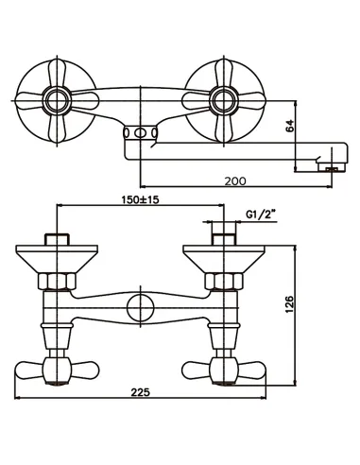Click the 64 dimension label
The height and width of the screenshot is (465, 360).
(290, 126)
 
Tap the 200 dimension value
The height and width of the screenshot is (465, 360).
(235, 181)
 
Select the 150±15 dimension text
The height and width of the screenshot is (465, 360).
(141, 199)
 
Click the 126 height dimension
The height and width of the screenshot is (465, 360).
(289, 304)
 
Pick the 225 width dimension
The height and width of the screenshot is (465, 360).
(141, 392)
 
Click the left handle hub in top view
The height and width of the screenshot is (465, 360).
(58, 101)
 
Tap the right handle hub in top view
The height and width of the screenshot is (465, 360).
(224, 101)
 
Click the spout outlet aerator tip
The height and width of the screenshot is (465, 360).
(332, 169)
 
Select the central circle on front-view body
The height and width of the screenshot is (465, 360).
(141, 307)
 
